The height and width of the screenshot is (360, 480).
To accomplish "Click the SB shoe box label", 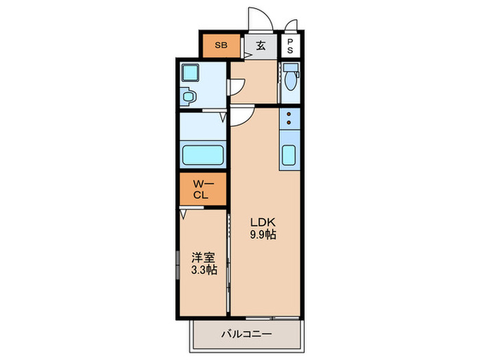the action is [221, 45].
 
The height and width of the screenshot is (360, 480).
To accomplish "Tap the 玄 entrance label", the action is [261, 46].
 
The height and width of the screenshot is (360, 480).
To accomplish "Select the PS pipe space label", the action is [290, 46].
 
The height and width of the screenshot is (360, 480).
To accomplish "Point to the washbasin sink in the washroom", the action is [189, 96].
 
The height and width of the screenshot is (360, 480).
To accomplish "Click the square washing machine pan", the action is [189, 72].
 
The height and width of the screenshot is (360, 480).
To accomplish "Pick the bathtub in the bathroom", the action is [203, 155].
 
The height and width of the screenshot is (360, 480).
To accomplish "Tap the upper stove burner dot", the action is [289, 115].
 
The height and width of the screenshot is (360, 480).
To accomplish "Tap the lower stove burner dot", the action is [289, 123].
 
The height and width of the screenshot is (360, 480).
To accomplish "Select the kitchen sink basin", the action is [289, 155].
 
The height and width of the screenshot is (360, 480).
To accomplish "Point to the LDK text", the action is [263, 221].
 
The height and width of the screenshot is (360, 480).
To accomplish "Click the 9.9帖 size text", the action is [263, 235].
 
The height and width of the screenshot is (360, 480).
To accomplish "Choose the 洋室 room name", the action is [203, 257].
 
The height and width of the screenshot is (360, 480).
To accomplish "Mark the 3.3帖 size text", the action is [204, 270].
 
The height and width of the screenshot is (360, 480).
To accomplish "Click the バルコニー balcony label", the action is [246, 334].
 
